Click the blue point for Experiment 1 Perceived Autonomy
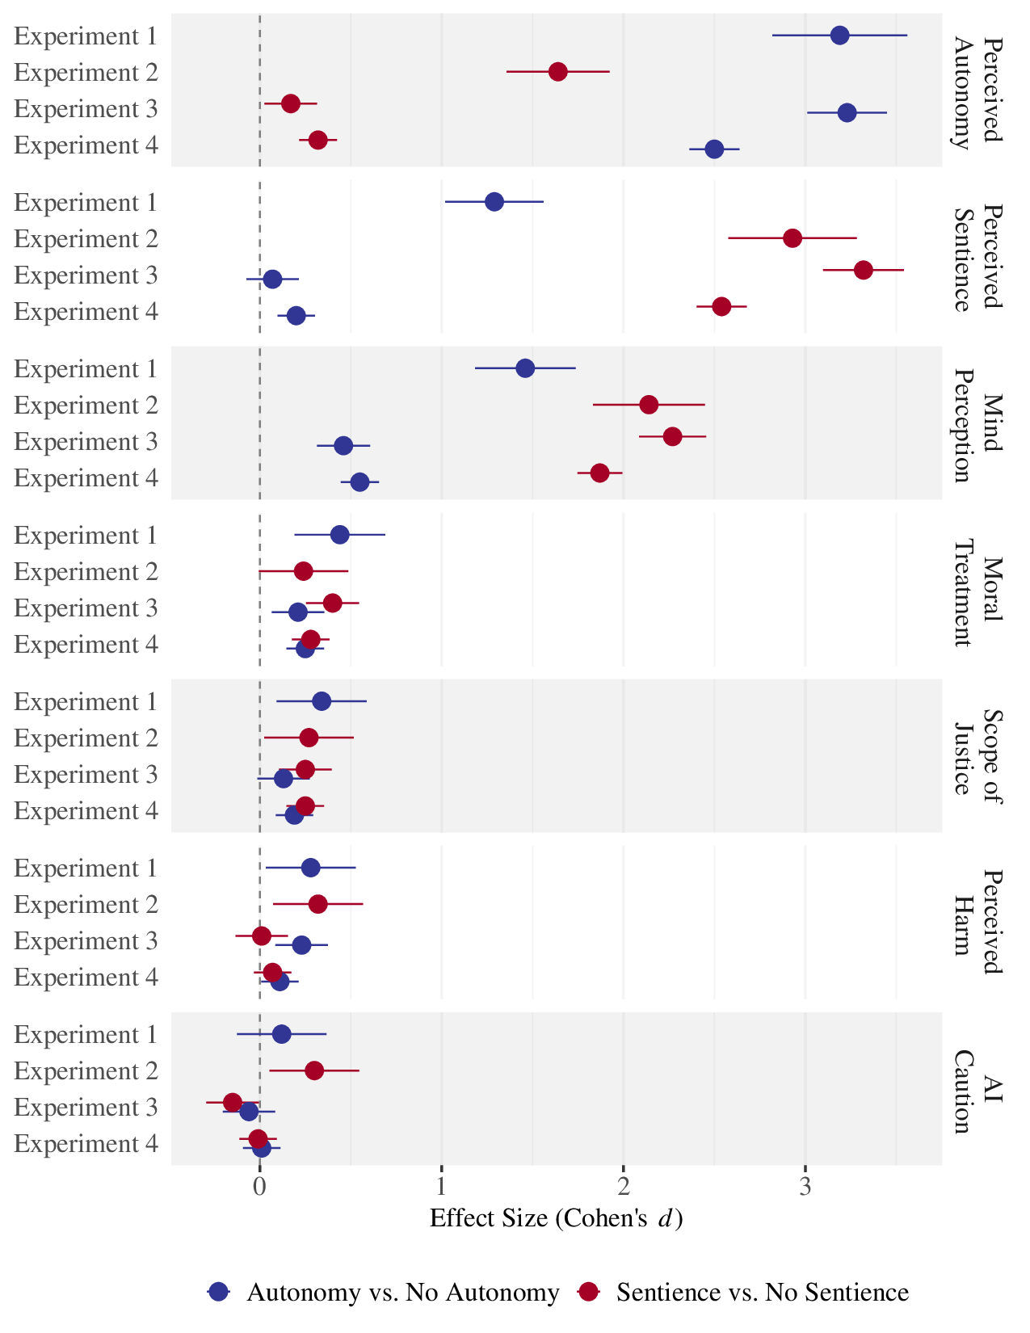point(839,36)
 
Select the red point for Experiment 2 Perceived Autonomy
point(557,72)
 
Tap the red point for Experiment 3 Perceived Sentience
point(863,270)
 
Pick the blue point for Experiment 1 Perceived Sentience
point(494,202)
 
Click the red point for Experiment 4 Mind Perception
point(599,473)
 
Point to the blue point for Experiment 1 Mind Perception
point(525,368)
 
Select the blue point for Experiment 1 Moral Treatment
point(339,535)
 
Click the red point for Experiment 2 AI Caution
point(314,1070)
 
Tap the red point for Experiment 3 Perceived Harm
point(262,936)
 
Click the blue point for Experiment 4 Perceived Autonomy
point(714,149)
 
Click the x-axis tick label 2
point(623,1187)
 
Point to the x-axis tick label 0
point(259,1187)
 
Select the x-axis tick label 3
point(805,1187)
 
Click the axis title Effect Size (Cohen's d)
point(556,1218)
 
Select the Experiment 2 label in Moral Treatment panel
point(86,572)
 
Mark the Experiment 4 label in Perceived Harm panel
point(86,978)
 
